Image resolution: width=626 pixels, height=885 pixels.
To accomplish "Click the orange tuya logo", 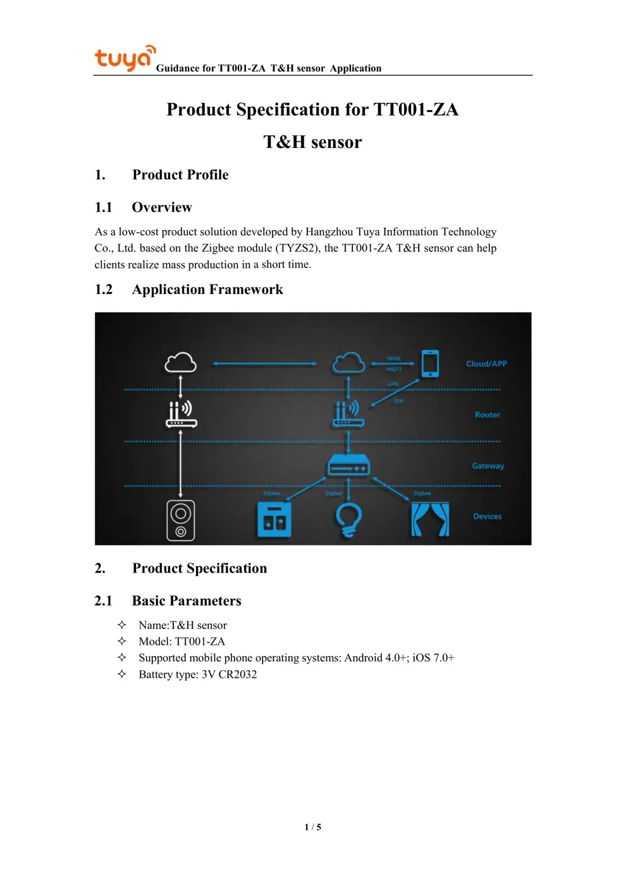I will click(x=125, y=58).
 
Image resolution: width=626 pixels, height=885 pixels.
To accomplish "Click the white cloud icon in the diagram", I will click(x=180, y=363).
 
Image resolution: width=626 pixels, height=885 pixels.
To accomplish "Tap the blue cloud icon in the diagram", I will click(x=348, y=363).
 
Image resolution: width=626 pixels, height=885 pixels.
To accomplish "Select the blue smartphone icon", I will click(x=430, y=363).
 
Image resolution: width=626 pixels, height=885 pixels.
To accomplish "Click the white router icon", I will click(x=181, y=414).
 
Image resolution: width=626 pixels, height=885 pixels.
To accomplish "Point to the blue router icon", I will click(x=348, y=414).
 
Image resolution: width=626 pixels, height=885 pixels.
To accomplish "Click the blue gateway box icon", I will click(x=348, y=467).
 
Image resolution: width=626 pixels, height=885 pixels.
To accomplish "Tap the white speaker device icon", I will click(x=181, y=520).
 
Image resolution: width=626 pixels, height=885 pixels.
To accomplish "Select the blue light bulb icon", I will click(x=348, y=520).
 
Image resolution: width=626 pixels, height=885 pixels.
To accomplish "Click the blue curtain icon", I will click(x=430, y=520).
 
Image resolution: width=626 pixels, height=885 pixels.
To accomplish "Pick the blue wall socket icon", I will click(x=274, y=520).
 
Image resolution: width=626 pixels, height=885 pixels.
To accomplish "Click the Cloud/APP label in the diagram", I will click(x=486, y=363).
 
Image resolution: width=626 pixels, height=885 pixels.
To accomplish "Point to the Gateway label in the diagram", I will click(x=488, y=466).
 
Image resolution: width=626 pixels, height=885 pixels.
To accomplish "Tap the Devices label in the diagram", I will click(x=487, y=516).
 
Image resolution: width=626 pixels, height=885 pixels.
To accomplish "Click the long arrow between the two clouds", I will click(x=264, y=363).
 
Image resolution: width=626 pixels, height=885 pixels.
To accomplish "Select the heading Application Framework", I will click(x=207, y=290).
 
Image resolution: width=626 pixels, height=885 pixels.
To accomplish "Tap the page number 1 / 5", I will click(x=312, y=827).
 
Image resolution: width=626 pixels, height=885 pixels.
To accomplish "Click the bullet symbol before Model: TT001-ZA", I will click(x=122, y=641).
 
